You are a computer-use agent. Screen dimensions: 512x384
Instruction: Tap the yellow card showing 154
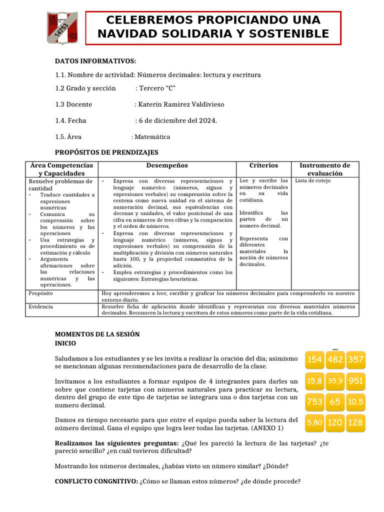[x=315, y=359]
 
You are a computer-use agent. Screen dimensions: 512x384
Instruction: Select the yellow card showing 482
[x=335, y=359]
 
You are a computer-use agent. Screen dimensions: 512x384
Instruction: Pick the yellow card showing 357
[x=355, y=359]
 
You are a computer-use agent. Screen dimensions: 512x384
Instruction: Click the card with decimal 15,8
[x=315, y=381]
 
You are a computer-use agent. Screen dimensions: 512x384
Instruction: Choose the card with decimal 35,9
[x=335, y=381]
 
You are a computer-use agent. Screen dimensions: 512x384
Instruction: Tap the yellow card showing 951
[x=355, y=381]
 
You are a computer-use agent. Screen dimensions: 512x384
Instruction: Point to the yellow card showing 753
[x=315, y=401]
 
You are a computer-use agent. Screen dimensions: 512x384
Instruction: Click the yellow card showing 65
[x=335, y=401]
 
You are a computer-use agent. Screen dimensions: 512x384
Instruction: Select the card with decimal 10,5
[x=355, y=401]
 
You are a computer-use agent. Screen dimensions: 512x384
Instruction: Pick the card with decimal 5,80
[x=315, y=422]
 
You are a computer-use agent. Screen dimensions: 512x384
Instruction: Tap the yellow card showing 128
[x=355, y=422]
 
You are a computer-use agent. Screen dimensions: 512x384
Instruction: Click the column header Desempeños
[x=167, y=165]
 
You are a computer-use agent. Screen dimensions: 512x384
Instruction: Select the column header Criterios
[x=263, y=165]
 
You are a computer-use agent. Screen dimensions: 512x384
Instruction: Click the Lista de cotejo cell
[x=312, y=180]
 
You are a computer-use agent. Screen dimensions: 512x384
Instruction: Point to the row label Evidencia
[x=41, y=306]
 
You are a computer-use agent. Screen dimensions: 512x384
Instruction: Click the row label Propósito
[x=41, y=293]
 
